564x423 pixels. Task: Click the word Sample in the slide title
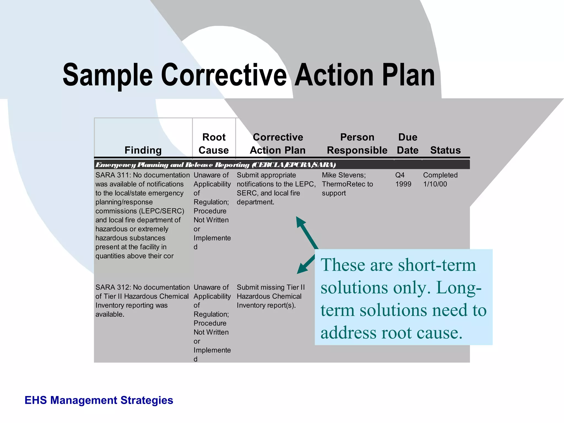[x=107, y=75]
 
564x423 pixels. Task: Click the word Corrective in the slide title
[x=224, y=75]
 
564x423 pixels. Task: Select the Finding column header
[x=143, y=150]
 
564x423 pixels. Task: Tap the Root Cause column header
[x=214, y=143]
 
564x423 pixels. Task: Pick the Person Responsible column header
[x=357, y=143]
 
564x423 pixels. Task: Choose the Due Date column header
[x=408, y=143]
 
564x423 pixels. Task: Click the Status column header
[x=445, y=150]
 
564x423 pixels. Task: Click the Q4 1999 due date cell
[x=403, y=180]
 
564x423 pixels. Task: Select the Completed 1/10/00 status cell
[x=440, y=180]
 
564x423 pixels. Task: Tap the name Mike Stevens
[x=343, y=175]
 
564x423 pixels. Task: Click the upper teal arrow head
[x=300, y=221]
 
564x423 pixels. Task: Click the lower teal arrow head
[x=302, y=269]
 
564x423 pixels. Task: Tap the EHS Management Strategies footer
[x=99, y=400]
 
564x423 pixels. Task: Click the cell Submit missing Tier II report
[x=270, y=296]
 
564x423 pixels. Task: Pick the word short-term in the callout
[x=437, y=265]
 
